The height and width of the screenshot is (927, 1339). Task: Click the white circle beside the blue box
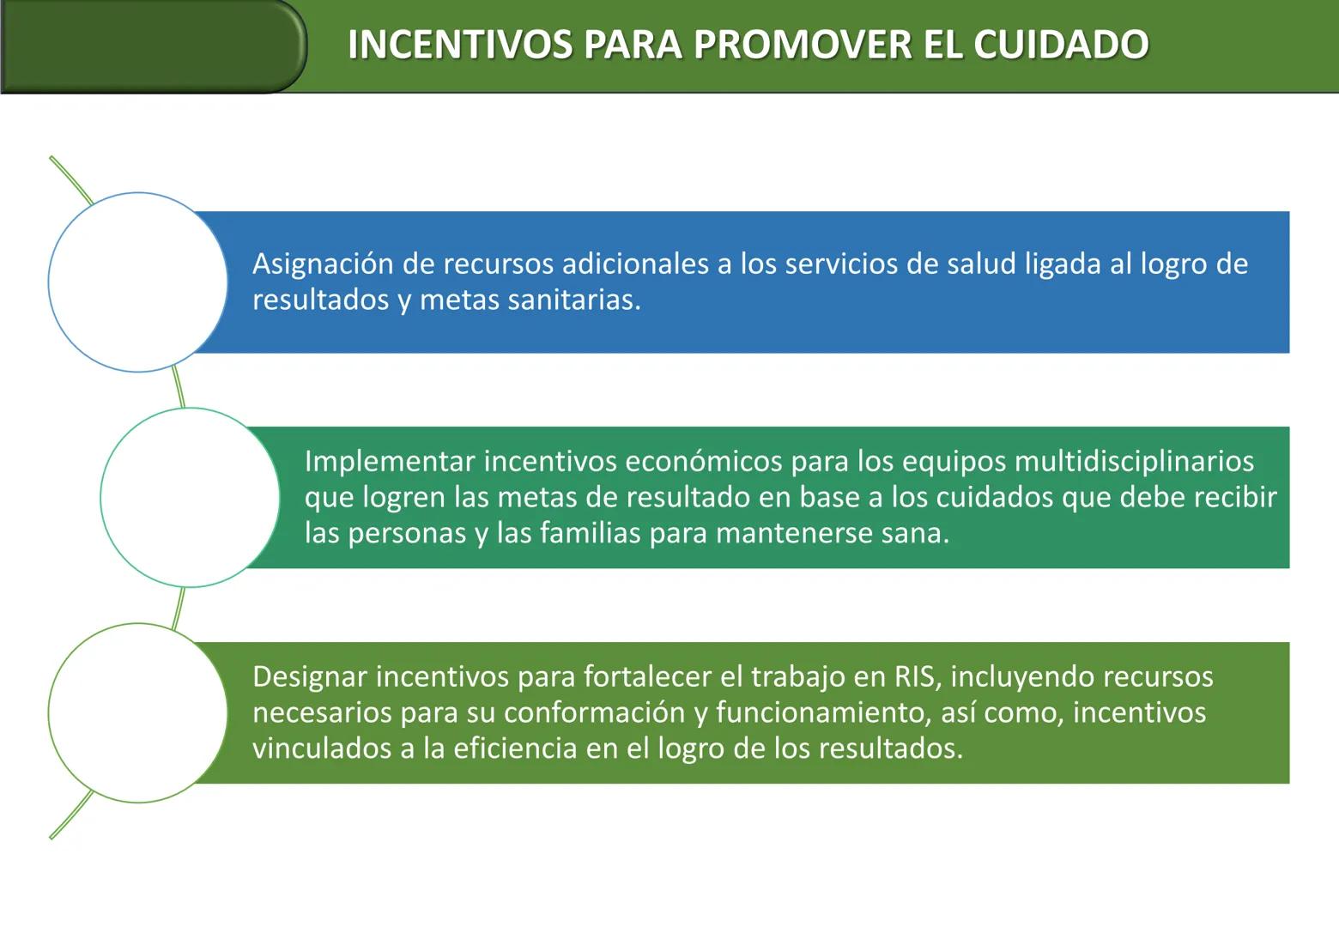pos(137,282)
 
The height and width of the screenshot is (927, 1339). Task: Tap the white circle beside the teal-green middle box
pos(190,498)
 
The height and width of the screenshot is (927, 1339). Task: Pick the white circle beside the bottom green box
pos(137,713)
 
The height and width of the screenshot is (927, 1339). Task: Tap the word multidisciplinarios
pos(1134,462)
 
